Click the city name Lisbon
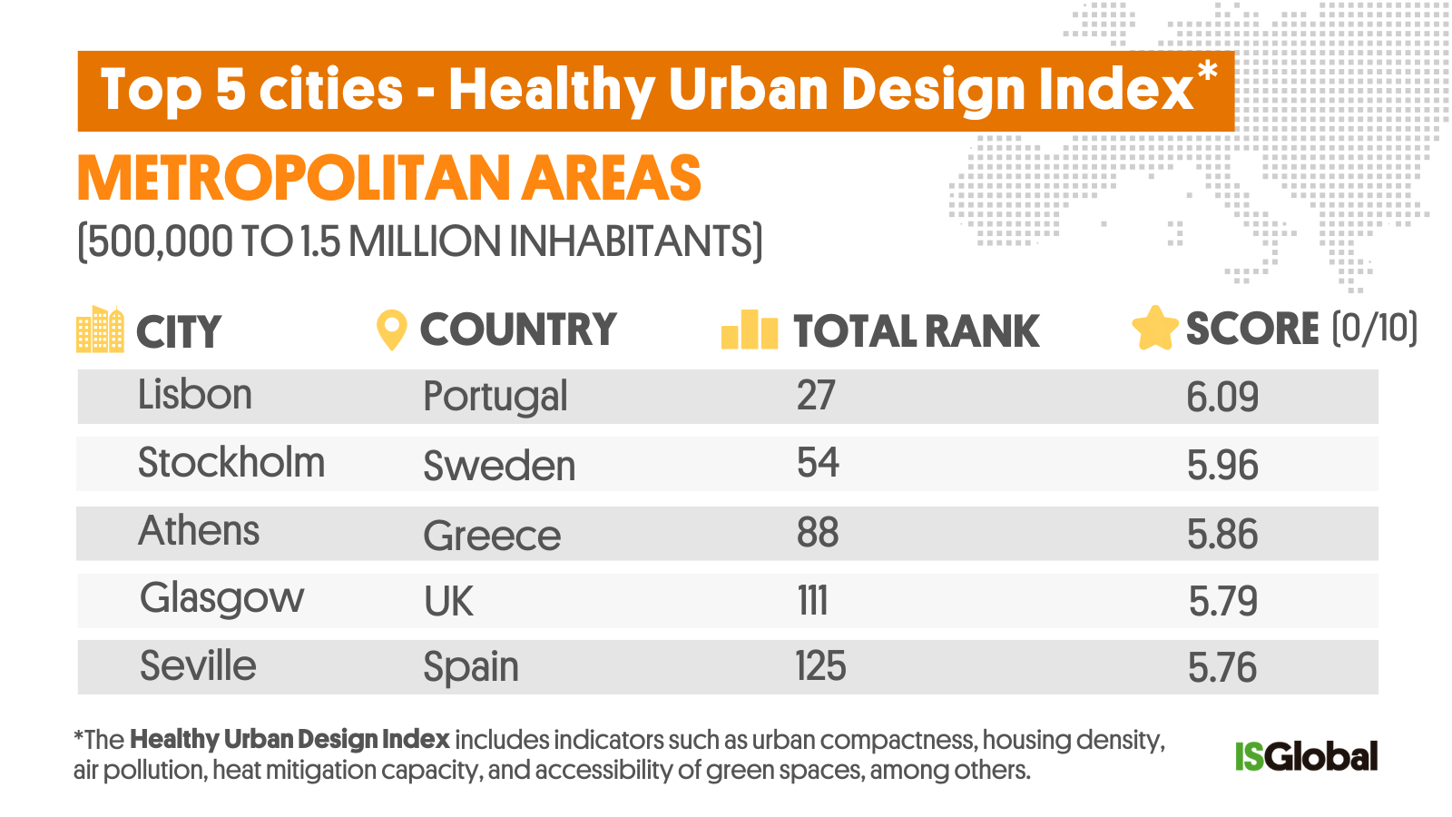coord(194,395)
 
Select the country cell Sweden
coord(499,466)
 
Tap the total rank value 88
coord(817,533)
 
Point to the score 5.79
coord(1222,601)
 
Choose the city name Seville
coord(198,666)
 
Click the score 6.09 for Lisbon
coord(1222,397)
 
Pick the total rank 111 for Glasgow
coord(812,601)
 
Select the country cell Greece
coord(492,535)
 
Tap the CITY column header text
coord(178,331)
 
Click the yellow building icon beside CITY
coord(100,330)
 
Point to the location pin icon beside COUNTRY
coord(391,330)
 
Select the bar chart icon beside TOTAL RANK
coord(750,330)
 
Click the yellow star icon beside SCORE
coord(1154,329)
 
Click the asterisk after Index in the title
coord(1207,72)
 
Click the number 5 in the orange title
coord(231,91)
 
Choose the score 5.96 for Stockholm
coord(1222,466)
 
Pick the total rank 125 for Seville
coord(820,666)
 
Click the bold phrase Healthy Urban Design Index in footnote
coord(289,740)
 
